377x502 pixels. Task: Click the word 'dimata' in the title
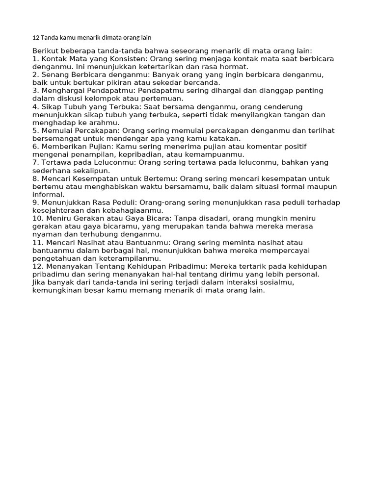tap(104, 38)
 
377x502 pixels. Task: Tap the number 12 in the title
tap(35, 38)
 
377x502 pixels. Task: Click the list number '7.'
tap(35, 162)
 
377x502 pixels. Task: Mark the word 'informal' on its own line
tap(49, 195)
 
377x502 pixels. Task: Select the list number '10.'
tap(38, 218)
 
